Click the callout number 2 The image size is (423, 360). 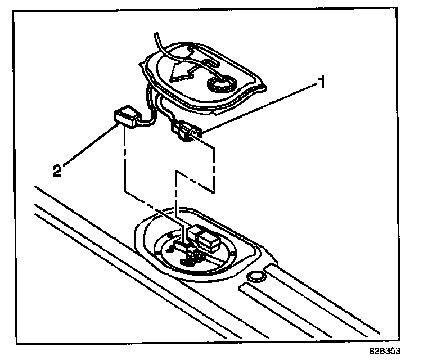[x=57, y=170]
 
